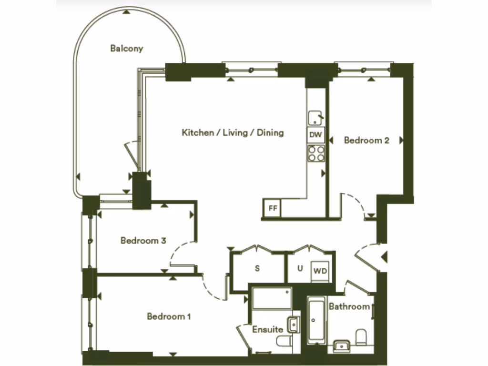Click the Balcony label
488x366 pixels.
tap(126, 48)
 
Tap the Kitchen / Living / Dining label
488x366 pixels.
tap(233, 132)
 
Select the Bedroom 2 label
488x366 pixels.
tap(366, 140)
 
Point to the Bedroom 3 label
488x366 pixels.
tap(143, 240)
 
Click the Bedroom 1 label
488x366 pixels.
tap(169, 316)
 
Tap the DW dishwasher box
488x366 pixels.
tap(315, 135)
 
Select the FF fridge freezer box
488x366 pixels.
tap(273, 208)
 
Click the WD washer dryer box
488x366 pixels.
tap(320, 271)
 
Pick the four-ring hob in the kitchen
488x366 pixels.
tap(316, 153)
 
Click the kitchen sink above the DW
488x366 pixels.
tap(315, 118)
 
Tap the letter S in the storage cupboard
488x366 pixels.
tap(257, 268)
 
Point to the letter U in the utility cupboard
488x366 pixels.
tap(300, 268)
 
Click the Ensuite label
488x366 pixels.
tap(267, 329)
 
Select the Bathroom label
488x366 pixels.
tap(349, 306)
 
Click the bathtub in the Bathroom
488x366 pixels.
tap(316, 320)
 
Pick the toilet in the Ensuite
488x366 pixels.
tap(285, 342)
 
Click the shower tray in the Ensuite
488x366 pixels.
tap(272, 298)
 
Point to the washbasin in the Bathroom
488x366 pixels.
tap(341, 345)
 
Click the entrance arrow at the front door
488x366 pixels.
tap(384, 257)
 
